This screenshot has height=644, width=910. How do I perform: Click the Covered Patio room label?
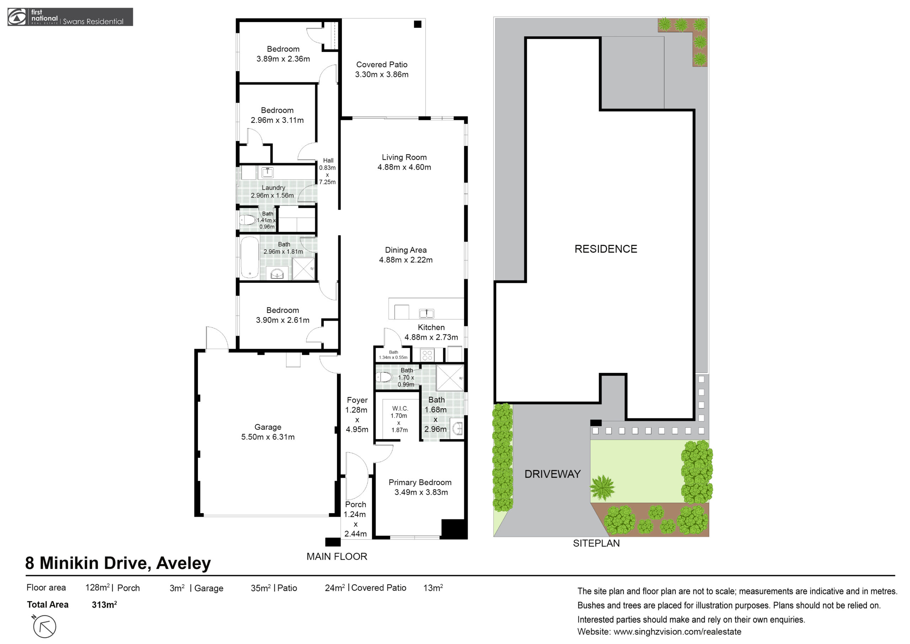click(x=382, y=64)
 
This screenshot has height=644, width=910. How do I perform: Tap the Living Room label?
click(x=404, y=157)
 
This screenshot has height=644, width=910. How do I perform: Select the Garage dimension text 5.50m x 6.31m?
click(x=268, y=437)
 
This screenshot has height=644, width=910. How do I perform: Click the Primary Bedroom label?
click(x=420, y=482)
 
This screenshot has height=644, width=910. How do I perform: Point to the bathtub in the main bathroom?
click(x=250, y=258)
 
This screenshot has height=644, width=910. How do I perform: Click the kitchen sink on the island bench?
click(x=427, y=313)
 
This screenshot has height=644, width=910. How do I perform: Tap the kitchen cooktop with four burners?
click(x=427, y=355)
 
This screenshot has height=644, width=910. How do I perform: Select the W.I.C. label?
click(x=400, y=408)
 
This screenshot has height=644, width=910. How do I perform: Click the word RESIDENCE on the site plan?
click(x=606, y=249)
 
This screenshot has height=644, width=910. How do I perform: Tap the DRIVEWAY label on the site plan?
click(x=552, y=474)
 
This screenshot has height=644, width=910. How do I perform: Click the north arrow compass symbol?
click(x=44, y=626)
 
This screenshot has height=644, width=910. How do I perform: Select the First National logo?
click(x=70, y=17)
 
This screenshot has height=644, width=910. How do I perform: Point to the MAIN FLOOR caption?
click(x=337, y=556)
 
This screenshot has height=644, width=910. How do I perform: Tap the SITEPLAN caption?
click(x=596, y=543)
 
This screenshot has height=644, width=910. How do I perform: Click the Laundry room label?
click(x=273, y=188)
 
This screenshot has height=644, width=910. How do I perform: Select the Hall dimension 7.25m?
click(x=327, y=182)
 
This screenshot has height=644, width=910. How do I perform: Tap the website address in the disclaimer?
click(x=659, y=632)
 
